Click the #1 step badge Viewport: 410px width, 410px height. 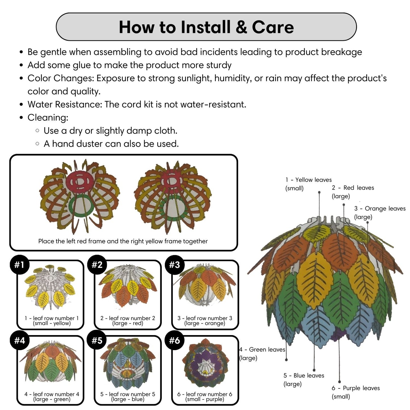[x=19, y=265]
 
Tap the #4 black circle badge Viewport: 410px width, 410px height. [x=19, y=340]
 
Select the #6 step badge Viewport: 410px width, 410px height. [x=174, y=340]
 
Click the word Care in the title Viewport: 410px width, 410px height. [x=273, y=27]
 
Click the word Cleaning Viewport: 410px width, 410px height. [x=48, y=117]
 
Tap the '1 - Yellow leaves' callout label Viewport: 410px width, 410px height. [x=308, y=184]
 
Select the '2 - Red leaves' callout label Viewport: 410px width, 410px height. [x=353, y=192]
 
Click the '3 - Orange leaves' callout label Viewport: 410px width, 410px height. [x=379, y=213]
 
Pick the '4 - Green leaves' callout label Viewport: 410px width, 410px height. [x=262, y=354]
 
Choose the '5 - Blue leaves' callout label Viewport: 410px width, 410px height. [x=303, y=380]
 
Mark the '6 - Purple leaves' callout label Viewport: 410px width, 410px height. [x=355, y=392]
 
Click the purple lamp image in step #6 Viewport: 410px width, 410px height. [x=205, y=364]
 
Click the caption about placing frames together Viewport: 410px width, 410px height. [x=123, y=241]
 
